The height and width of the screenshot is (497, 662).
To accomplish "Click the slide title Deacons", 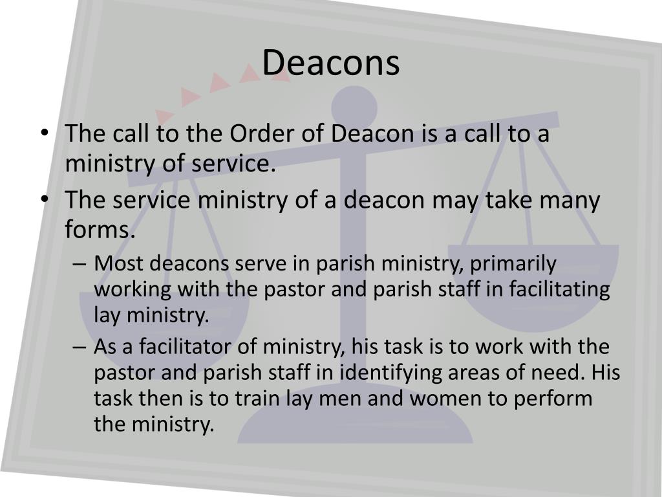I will pyautogui.click(x=331, y=63).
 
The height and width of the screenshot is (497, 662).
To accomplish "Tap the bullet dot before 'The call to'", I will pyautogui.click(x=45, y=133).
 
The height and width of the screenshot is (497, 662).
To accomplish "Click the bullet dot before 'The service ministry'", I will pyautogui.click(x=45, y=200).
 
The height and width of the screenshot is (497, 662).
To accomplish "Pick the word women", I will pyautogui.click(x=466, y=398).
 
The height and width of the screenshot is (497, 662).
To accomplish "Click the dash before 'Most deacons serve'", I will pyautogui.click(x=80, y=265).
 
